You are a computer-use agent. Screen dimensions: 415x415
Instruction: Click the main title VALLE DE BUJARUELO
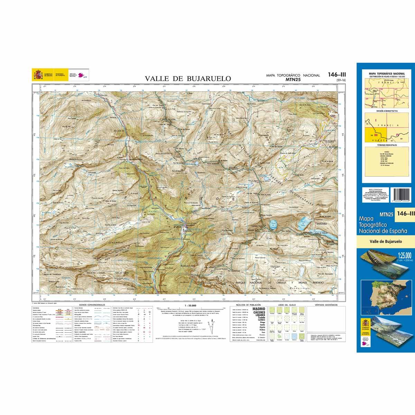tap(188, 79)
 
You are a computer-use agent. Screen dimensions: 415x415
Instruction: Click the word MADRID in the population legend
tap(259, 309)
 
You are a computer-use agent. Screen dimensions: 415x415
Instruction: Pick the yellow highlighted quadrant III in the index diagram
tap(375, 134)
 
